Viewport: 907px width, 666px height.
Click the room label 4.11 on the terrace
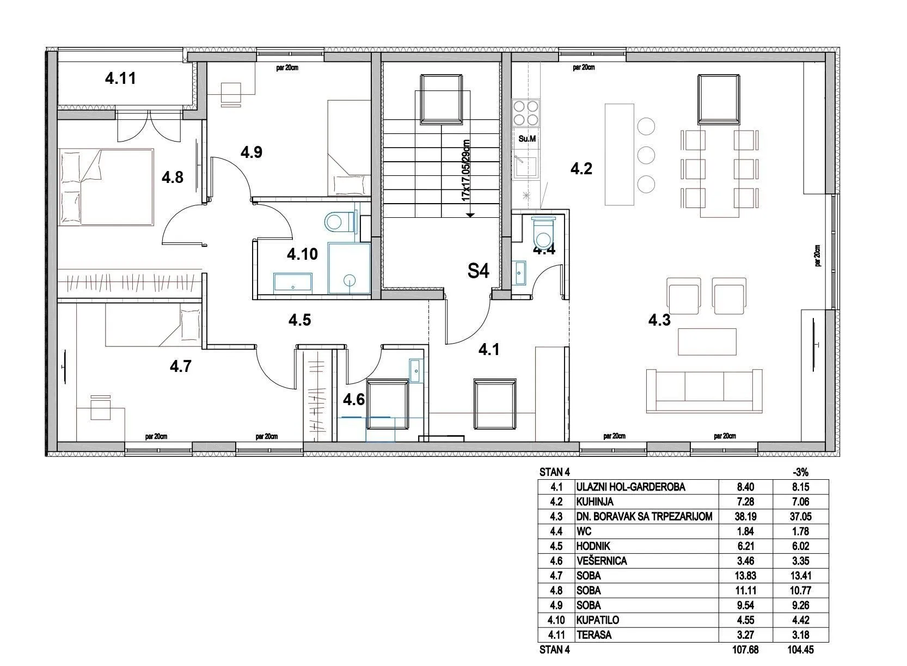coord(120,78)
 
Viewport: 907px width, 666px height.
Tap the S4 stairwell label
coord(478,271)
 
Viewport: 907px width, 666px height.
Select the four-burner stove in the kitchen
coord(526,113)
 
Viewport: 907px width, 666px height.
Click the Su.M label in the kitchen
coord(527,139)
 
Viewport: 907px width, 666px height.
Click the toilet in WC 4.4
coord(543,233)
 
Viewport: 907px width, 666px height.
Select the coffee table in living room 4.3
coord(707,342)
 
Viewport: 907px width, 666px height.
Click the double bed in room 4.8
coord(107,186)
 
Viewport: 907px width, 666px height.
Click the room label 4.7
coord(180,366)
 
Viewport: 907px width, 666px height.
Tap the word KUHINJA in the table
coord(595,502)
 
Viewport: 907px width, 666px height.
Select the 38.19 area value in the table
coord(745,516)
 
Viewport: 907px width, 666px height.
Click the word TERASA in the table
coord(594,635)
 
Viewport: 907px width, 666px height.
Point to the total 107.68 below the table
coord(745,650)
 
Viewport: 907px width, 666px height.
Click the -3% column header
coord(800,472)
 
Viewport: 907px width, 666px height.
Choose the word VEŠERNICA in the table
coord(602,561)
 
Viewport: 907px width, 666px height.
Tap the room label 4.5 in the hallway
coord(299,320)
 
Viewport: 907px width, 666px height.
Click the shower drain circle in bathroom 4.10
coord(349,279)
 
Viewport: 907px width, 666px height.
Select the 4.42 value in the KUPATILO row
coord(800,620)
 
